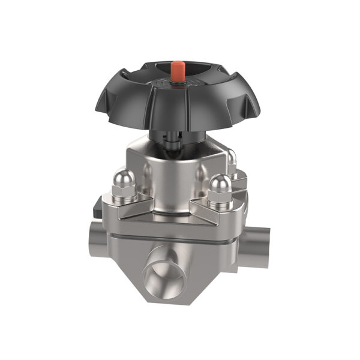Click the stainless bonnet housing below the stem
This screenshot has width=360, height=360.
click(x=174, y=174)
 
